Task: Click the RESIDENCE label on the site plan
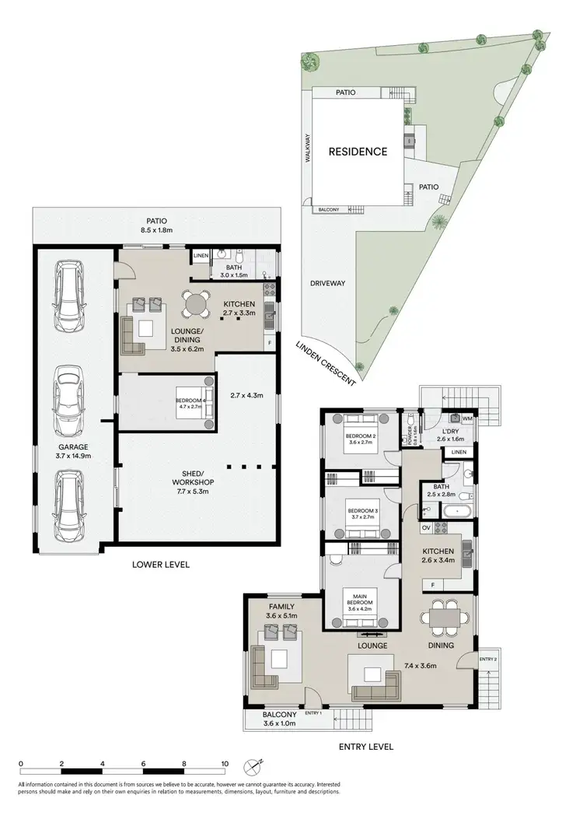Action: coord(357,152)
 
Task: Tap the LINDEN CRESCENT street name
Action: coord(326,363)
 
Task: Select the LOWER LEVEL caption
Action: coord(161,565)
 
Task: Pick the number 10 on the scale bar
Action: coord(225,764)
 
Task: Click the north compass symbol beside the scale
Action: coord(254,767)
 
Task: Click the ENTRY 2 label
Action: coord(487,660)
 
